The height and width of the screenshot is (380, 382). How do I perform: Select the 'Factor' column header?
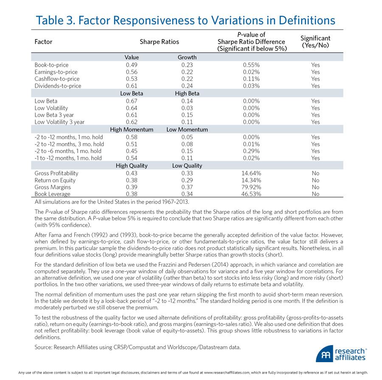(x=43, y=42)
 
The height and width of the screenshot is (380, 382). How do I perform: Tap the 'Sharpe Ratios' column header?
(x=159, y=42)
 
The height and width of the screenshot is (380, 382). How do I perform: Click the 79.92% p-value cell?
(x=252, y=187)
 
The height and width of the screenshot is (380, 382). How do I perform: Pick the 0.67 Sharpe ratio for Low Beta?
(x=132, y=101)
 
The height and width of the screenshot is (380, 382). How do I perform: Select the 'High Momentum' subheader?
(x=132, y=130)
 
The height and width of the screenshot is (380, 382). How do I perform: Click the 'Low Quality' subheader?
(x=187, y=166)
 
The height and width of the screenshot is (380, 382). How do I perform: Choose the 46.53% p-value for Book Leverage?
(x=252, y=194)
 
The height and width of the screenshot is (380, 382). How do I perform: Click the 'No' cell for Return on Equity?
(x=315, y=180)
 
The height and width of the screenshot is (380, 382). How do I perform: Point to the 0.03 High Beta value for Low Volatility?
(x=187, y=108)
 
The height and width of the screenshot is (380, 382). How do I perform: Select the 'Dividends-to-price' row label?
(x=57, y=85)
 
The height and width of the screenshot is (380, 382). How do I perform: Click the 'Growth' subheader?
(x=187, y=57)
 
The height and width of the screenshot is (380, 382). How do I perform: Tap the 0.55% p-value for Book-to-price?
(x=252, y=65)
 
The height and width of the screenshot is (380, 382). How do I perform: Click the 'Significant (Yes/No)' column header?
(x=315, y=42)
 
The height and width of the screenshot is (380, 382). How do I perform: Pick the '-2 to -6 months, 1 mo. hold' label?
(x=68, y=151)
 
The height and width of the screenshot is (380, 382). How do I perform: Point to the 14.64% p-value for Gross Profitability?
(x=252, y=173)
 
